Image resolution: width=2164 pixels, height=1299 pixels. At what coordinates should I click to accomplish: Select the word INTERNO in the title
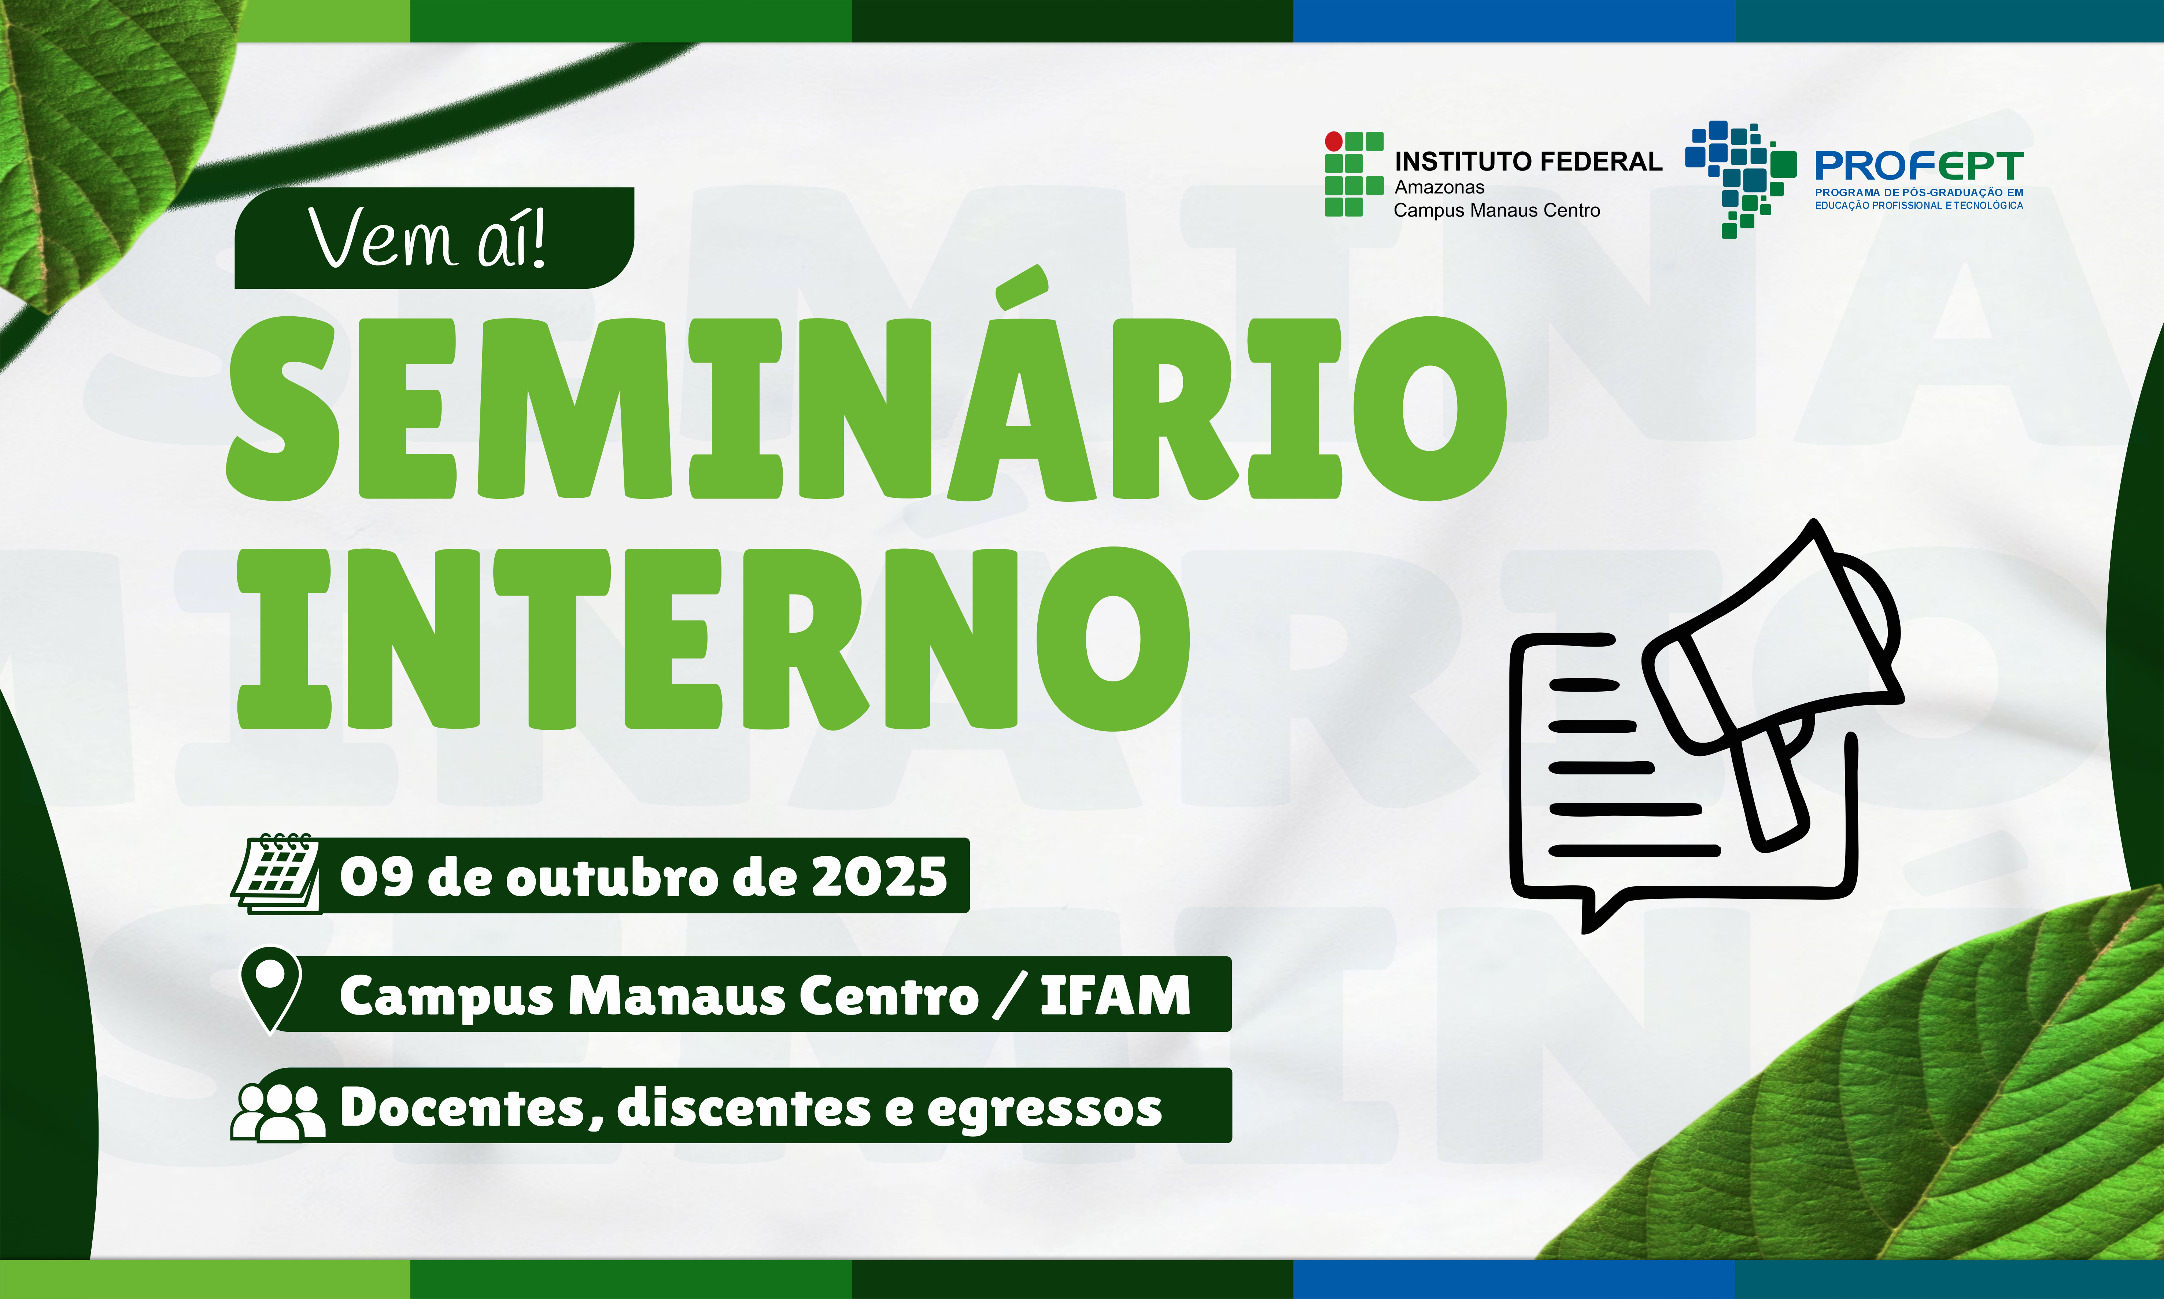713,639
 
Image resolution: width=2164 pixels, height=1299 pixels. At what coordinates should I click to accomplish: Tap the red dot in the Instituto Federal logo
1334,141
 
